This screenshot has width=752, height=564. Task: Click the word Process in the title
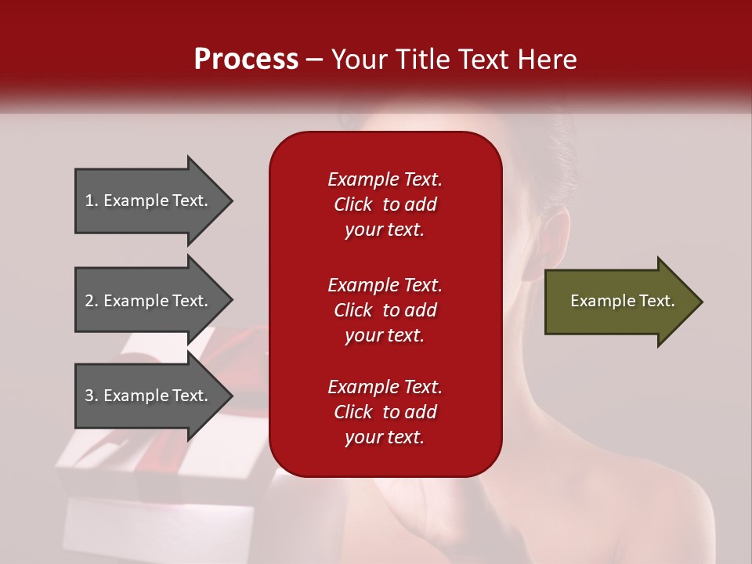point(246,60)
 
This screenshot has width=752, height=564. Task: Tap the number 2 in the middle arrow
point(90,301)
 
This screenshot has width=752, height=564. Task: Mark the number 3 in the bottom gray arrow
point(90,396)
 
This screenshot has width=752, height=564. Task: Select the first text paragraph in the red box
point(385,204)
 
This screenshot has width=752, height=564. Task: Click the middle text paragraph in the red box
point(385,310)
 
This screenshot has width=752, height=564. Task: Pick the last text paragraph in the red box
point(385,412)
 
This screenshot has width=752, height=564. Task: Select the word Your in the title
point(358,60)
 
